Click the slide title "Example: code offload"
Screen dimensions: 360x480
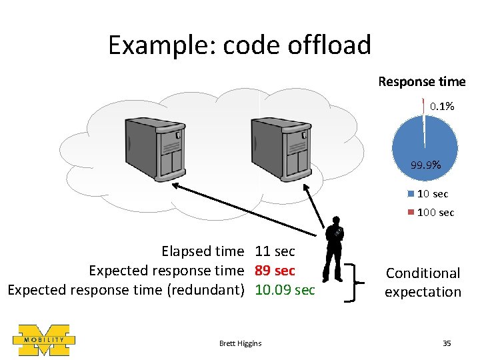point(239,45)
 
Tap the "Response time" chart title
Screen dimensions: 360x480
point(421,81)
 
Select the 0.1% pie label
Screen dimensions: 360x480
point(441,106)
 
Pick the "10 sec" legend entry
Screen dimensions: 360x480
point(432,194)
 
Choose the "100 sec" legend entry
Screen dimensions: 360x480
point(435,213)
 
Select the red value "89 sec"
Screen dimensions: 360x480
point(275,271)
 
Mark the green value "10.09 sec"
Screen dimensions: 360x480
point(285,290)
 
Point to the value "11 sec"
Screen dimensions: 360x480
point(275,251)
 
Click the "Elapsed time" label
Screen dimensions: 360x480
point(203,251)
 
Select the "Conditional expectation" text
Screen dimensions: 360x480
point(423,282)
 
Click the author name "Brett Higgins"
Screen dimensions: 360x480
point(240,343)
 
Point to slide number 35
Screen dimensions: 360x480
point(447,343)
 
